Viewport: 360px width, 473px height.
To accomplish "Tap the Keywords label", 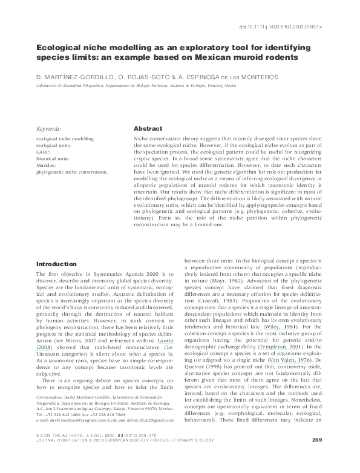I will point(49,129).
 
